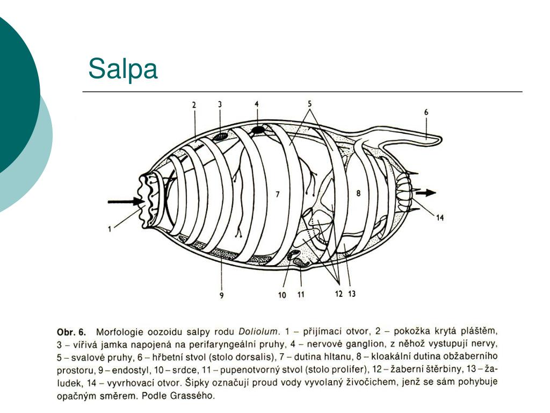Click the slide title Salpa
point(123,69)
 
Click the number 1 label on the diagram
point(110,230)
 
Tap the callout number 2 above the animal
point(194,105)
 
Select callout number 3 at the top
point(220,104)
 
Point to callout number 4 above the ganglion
point(257,104)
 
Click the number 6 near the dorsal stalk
point(426,112)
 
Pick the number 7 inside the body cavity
point(278,195)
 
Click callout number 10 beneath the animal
point(282,295)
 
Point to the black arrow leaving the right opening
point(428,192)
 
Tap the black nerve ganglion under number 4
point(258,130)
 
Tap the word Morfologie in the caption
point(120,331)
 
